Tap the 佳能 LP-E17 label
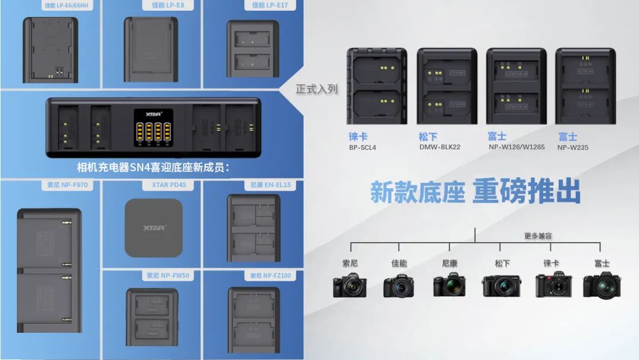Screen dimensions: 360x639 click(x=270, y=5)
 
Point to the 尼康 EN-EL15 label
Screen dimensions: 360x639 click(x=269, y=185)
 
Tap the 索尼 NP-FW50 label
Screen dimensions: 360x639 click(x=168, y=275)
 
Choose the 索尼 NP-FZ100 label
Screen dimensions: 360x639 click(x=270, y=275)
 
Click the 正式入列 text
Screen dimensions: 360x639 click(x=317, y=89)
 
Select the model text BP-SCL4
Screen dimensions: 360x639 click(x=363, y=147)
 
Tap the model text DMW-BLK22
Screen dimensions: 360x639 click(x=440, y=147)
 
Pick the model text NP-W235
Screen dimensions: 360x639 click(x=572, y=147)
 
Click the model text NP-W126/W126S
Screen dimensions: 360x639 click(x=517, y=147)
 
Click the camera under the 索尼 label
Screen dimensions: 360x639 click(x=350, y=285)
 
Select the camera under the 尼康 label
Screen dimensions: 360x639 click(x=450, y=285)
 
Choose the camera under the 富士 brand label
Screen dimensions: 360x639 click(x=602, y=285)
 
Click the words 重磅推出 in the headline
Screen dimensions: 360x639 click(x=526, y=192)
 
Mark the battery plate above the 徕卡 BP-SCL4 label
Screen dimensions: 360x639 click(x=377, y=86)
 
